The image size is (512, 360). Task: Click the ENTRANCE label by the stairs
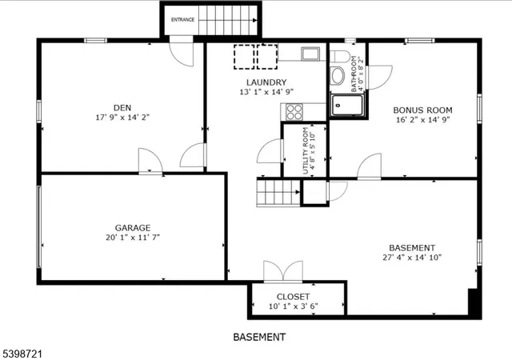point(182,20)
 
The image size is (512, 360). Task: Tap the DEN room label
point(122,108)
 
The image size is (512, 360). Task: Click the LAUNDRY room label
point(266,82)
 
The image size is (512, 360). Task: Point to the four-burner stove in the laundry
point(294,112)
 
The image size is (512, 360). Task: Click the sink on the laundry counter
point(310,54)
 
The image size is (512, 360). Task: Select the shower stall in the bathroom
point(349,105)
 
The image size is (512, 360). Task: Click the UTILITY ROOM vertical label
point(305,151)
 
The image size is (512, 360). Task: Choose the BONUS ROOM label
point(422,110)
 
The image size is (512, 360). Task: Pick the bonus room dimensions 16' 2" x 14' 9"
point(422,120)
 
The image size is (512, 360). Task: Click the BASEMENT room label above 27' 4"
point(412,247)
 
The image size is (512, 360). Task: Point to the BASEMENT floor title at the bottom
point(258,337)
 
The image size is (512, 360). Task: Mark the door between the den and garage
point(150,162)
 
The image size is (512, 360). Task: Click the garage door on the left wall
point(39,228)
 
